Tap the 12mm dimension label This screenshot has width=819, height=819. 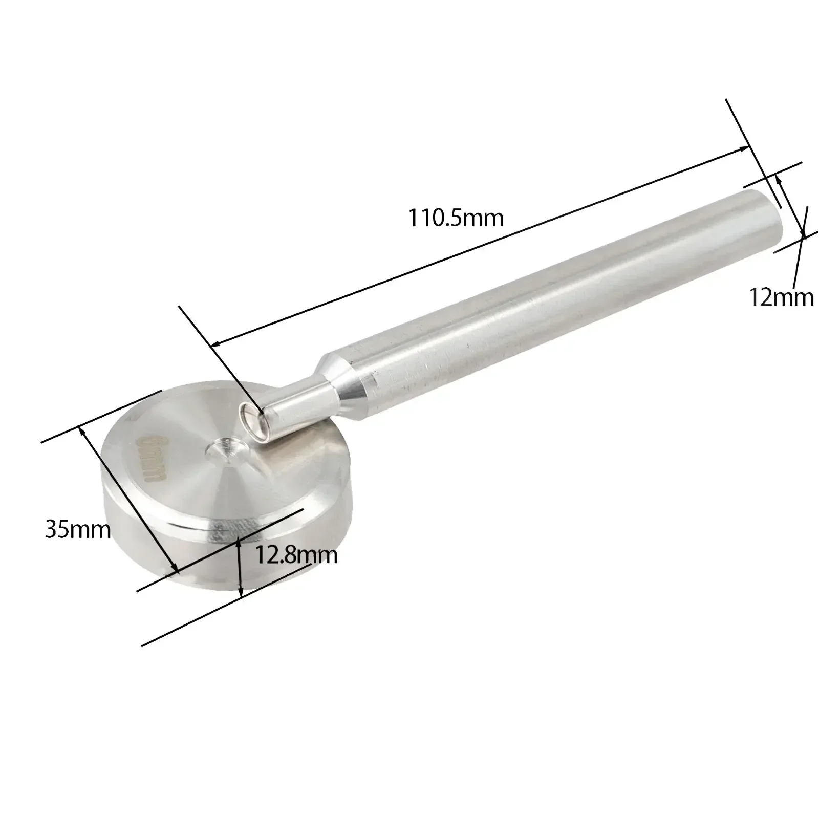781,297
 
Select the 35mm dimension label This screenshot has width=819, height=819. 78,529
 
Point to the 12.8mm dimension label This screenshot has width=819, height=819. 296,554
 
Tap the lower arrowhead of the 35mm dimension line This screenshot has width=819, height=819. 174,570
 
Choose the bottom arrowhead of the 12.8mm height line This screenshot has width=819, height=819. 241,594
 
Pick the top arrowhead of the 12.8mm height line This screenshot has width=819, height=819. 240,542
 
